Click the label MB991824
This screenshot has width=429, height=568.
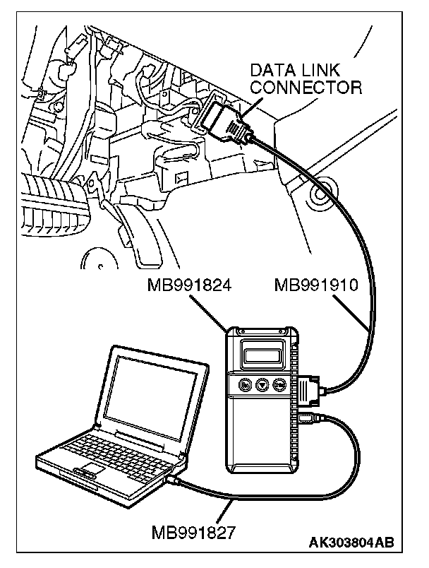pyautogui.click(x=191, y=285)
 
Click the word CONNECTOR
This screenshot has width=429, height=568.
pyautogui.click(x=307, y=88)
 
